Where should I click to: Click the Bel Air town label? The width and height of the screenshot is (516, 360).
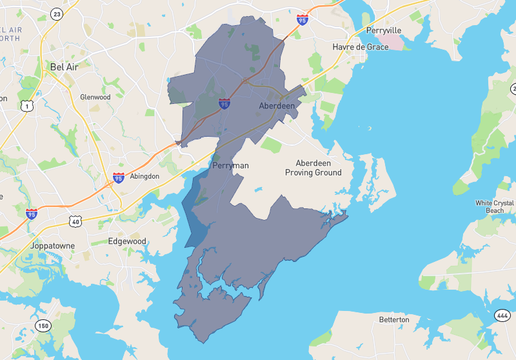(62, 67)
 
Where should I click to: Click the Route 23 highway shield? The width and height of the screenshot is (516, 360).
(56, 13)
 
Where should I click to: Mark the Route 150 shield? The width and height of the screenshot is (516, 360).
(42, 326)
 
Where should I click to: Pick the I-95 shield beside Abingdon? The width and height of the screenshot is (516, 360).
(119, 178)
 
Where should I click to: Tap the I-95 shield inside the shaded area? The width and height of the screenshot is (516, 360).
(225, 103)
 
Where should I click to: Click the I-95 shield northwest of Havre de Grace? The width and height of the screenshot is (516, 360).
(302, 19)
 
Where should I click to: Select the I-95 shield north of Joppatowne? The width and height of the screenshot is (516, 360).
(31, 213)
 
